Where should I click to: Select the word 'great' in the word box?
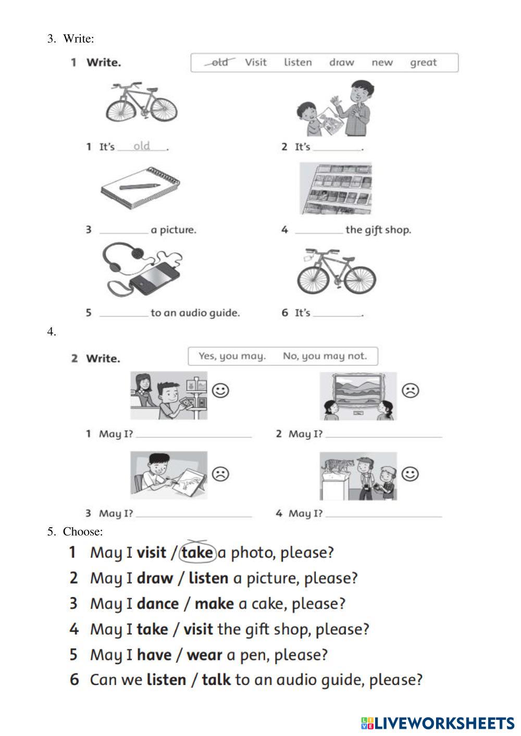(423, 63)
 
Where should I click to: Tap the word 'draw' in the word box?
(341, 63)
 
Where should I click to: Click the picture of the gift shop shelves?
(336, 188)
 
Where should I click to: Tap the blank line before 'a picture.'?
(123, 230)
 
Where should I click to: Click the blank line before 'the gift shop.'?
(319, 230)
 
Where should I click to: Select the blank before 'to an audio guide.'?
(123, 313)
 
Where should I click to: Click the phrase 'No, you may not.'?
(325, 357)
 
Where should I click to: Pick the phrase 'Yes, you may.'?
(232, 357)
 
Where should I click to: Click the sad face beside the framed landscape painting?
(411, 390)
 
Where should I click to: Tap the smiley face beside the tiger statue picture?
(411, 474)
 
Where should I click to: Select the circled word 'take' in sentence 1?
(197, 552)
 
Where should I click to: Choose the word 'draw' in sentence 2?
(155, 578)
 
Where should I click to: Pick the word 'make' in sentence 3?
(214, 604)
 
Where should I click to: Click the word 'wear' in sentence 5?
(204, 655)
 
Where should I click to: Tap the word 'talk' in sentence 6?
(216, 680)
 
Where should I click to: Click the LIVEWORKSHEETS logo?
(438, 723)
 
